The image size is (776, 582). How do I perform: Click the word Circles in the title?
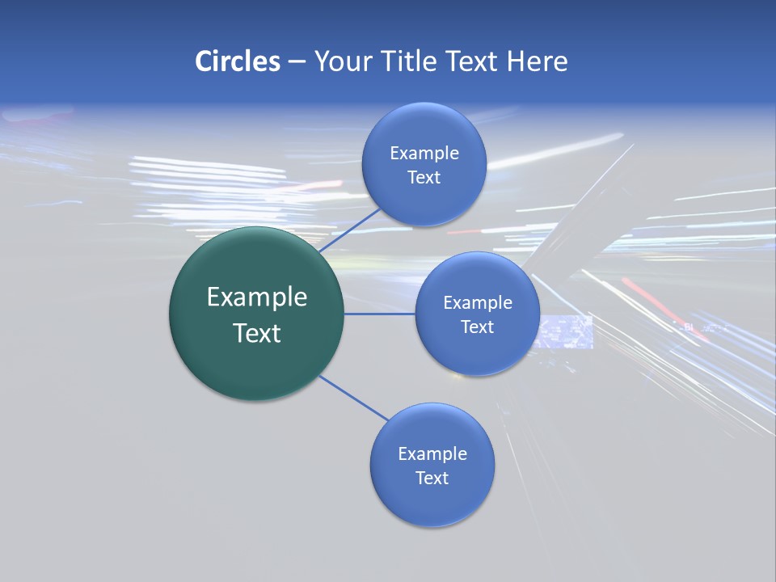point(238,61)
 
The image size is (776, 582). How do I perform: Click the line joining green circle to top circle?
point(349,230)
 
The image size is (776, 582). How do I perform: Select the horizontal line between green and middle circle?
point(380,314)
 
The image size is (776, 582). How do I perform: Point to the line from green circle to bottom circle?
point(353,397)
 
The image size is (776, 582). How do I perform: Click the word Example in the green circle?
point(257,297)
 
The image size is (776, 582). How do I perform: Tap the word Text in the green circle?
point(257,333)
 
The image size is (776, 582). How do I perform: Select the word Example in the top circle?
point(424,154)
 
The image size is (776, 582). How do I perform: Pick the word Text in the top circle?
point(424,178)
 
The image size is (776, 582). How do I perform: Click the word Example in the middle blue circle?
point(478,303)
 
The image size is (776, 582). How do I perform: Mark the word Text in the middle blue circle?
point(477,327)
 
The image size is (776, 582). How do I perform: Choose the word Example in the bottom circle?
point(432,454)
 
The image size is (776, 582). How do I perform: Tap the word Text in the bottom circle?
point(432,479)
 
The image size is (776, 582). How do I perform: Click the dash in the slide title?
point(297,62)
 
